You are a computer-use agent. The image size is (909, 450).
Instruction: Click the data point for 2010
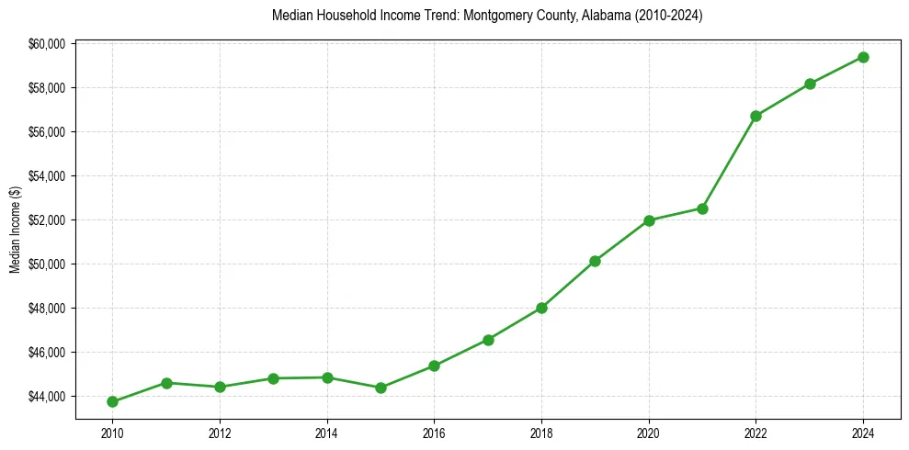[x=113, y=401]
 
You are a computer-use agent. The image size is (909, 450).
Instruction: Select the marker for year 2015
[x=381, y=388]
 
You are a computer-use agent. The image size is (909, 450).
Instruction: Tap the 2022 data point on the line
[x=756, y=116]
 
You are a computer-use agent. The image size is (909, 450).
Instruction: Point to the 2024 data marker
[x=863, y=57]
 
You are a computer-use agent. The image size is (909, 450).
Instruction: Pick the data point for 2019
[x=595, y=261]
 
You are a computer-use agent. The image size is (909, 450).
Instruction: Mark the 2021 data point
[x=702, y=208]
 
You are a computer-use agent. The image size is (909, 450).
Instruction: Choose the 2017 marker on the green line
[x=488, y=340]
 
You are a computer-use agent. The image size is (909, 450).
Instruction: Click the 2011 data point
[x=166, y=383]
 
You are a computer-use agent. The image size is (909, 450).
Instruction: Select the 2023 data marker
[x=810, y=84]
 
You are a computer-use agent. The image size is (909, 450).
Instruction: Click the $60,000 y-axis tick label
[x=46, y=44]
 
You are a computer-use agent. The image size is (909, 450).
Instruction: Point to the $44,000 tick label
[x=46, y=397]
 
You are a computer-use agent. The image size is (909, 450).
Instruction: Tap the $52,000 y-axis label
[x=46, y=220]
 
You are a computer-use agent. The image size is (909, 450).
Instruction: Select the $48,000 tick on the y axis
[x=46, y=309]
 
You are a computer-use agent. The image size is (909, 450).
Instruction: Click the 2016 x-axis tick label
[x=434, y=433]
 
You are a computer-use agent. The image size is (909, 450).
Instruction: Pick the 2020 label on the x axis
[x=649, y=433]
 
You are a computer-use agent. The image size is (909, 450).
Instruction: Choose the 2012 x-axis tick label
[x=220, y=433]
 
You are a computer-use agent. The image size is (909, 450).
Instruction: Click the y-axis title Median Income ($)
[x=15, y=230]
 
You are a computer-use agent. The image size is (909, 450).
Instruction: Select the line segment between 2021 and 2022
[x=729, y=163]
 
